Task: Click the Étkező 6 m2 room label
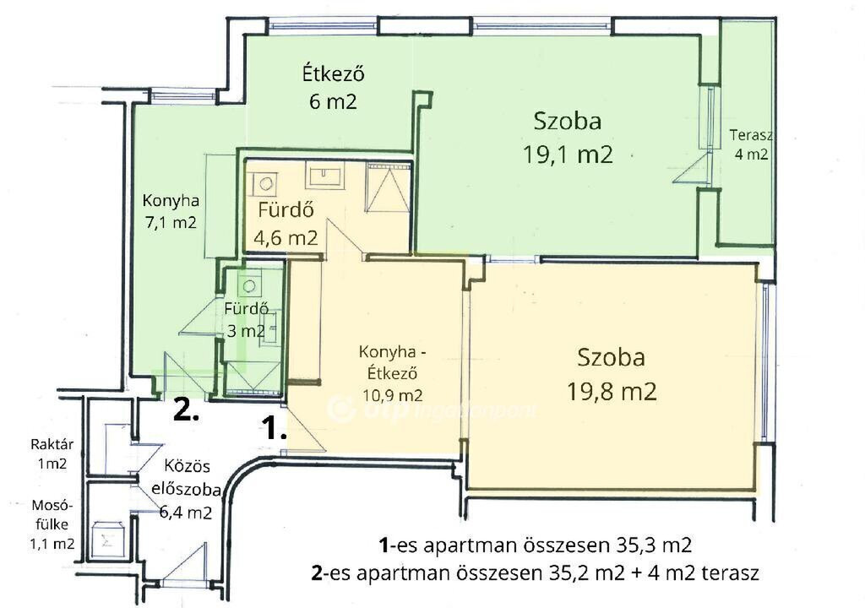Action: coord(333,88)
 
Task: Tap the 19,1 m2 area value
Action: coord(568,155)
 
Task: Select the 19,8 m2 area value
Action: coord(612,392)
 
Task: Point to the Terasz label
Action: coord(751,135)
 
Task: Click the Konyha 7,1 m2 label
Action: coord(171,211)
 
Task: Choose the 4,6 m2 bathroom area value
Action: coord(286,237)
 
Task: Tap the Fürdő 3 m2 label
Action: coord(246,320)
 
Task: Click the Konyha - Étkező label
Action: coord(393,362)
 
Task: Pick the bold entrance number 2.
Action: coord(187,410)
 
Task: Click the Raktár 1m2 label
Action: coord(52,453)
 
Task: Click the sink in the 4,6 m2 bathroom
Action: coord(327,176)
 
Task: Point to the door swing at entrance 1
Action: coord(303,429)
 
